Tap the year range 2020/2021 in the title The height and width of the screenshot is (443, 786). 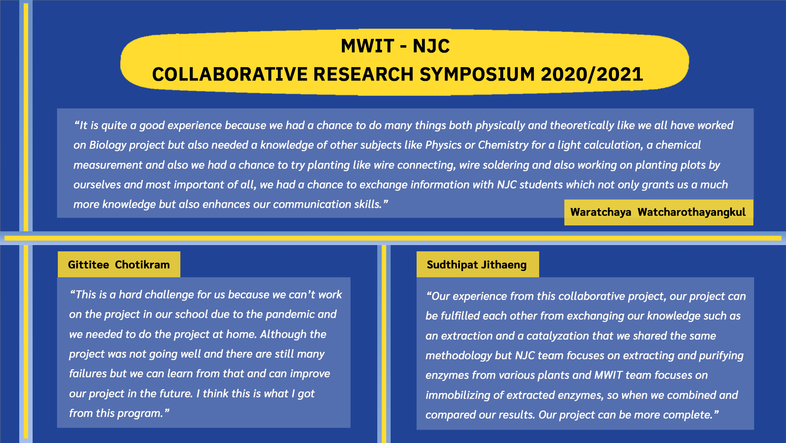[x=592, y=74]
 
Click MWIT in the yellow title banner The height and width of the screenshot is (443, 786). [x=367, y=46]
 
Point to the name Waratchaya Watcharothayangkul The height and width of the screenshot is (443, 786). [x=658, y=212]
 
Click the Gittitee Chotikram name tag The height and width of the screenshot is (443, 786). [x=119, y=265]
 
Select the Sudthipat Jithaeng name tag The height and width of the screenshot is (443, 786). [x=477, y=265]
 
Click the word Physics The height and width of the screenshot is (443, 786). [x=443, y=145]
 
